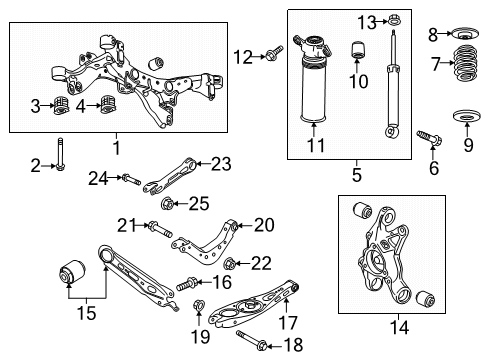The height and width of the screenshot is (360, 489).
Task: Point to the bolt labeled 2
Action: (60, 151)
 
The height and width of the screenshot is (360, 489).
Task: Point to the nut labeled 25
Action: (167, 205)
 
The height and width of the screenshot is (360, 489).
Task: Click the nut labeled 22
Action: (230, 264)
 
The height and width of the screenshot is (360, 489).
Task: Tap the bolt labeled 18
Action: (261, 346)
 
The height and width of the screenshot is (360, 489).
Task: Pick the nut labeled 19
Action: (197, 307)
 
